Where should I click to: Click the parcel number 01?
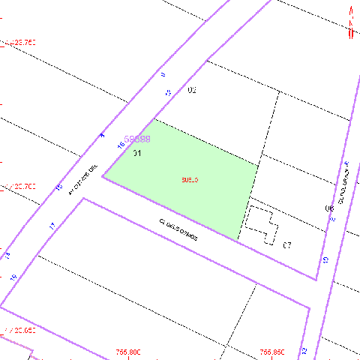pos(137,153)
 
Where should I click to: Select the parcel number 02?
pos(192,90)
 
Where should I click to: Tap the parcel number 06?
pos(328,208)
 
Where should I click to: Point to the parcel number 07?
pos(286,245)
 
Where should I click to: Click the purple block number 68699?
pos(137,139)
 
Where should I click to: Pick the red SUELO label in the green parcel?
pos(189,180)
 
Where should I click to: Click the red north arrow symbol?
pos(351,22)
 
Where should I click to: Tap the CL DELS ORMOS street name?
pos(178,229)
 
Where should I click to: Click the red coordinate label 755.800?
pos(129,352)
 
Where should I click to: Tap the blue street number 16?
pos(121,144)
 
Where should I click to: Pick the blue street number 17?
pos(52,225)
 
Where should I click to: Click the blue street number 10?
pos(325,259)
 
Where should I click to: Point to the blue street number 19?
pos(13,277)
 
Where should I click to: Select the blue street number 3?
pos(102,135)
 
